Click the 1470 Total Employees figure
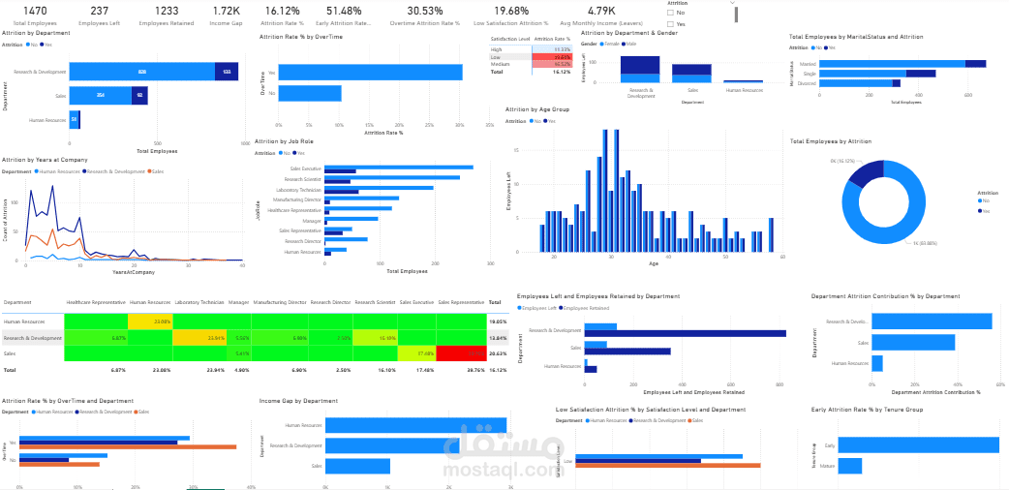coord(35,11)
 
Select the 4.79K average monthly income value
coord(601,11)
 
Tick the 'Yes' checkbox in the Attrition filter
coord(671,23)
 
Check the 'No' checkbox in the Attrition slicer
coord(671,13)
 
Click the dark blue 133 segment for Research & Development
coord(227,72)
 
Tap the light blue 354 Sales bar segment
coord(100,95)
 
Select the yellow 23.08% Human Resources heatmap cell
coord(150,321)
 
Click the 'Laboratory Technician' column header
coord(199,303)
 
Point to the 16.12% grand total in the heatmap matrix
coord(498,370)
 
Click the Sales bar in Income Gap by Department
coord(357,466)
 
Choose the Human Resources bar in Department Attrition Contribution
coord(876,363)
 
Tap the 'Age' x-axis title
coord(654,263)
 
